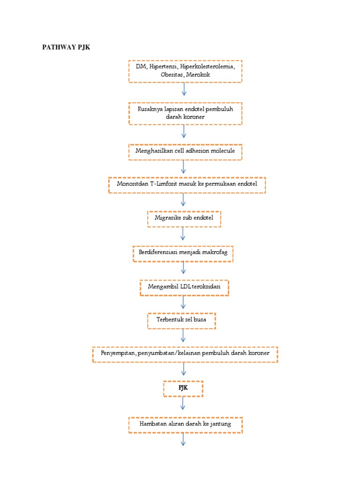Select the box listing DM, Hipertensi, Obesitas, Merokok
185,71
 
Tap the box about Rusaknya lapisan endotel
185,113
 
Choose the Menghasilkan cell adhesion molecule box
185,151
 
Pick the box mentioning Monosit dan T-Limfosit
187,185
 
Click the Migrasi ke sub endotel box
184,218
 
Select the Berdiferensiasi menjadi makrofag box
183,253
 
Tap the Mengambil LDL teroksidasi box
184,287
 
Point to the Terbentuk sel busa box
182,320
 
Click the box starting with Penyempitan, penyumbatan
185,354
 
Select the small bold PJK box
183,388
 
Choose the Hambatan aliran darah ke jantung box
185,425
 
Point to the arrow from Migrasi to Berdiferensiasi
183,235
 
